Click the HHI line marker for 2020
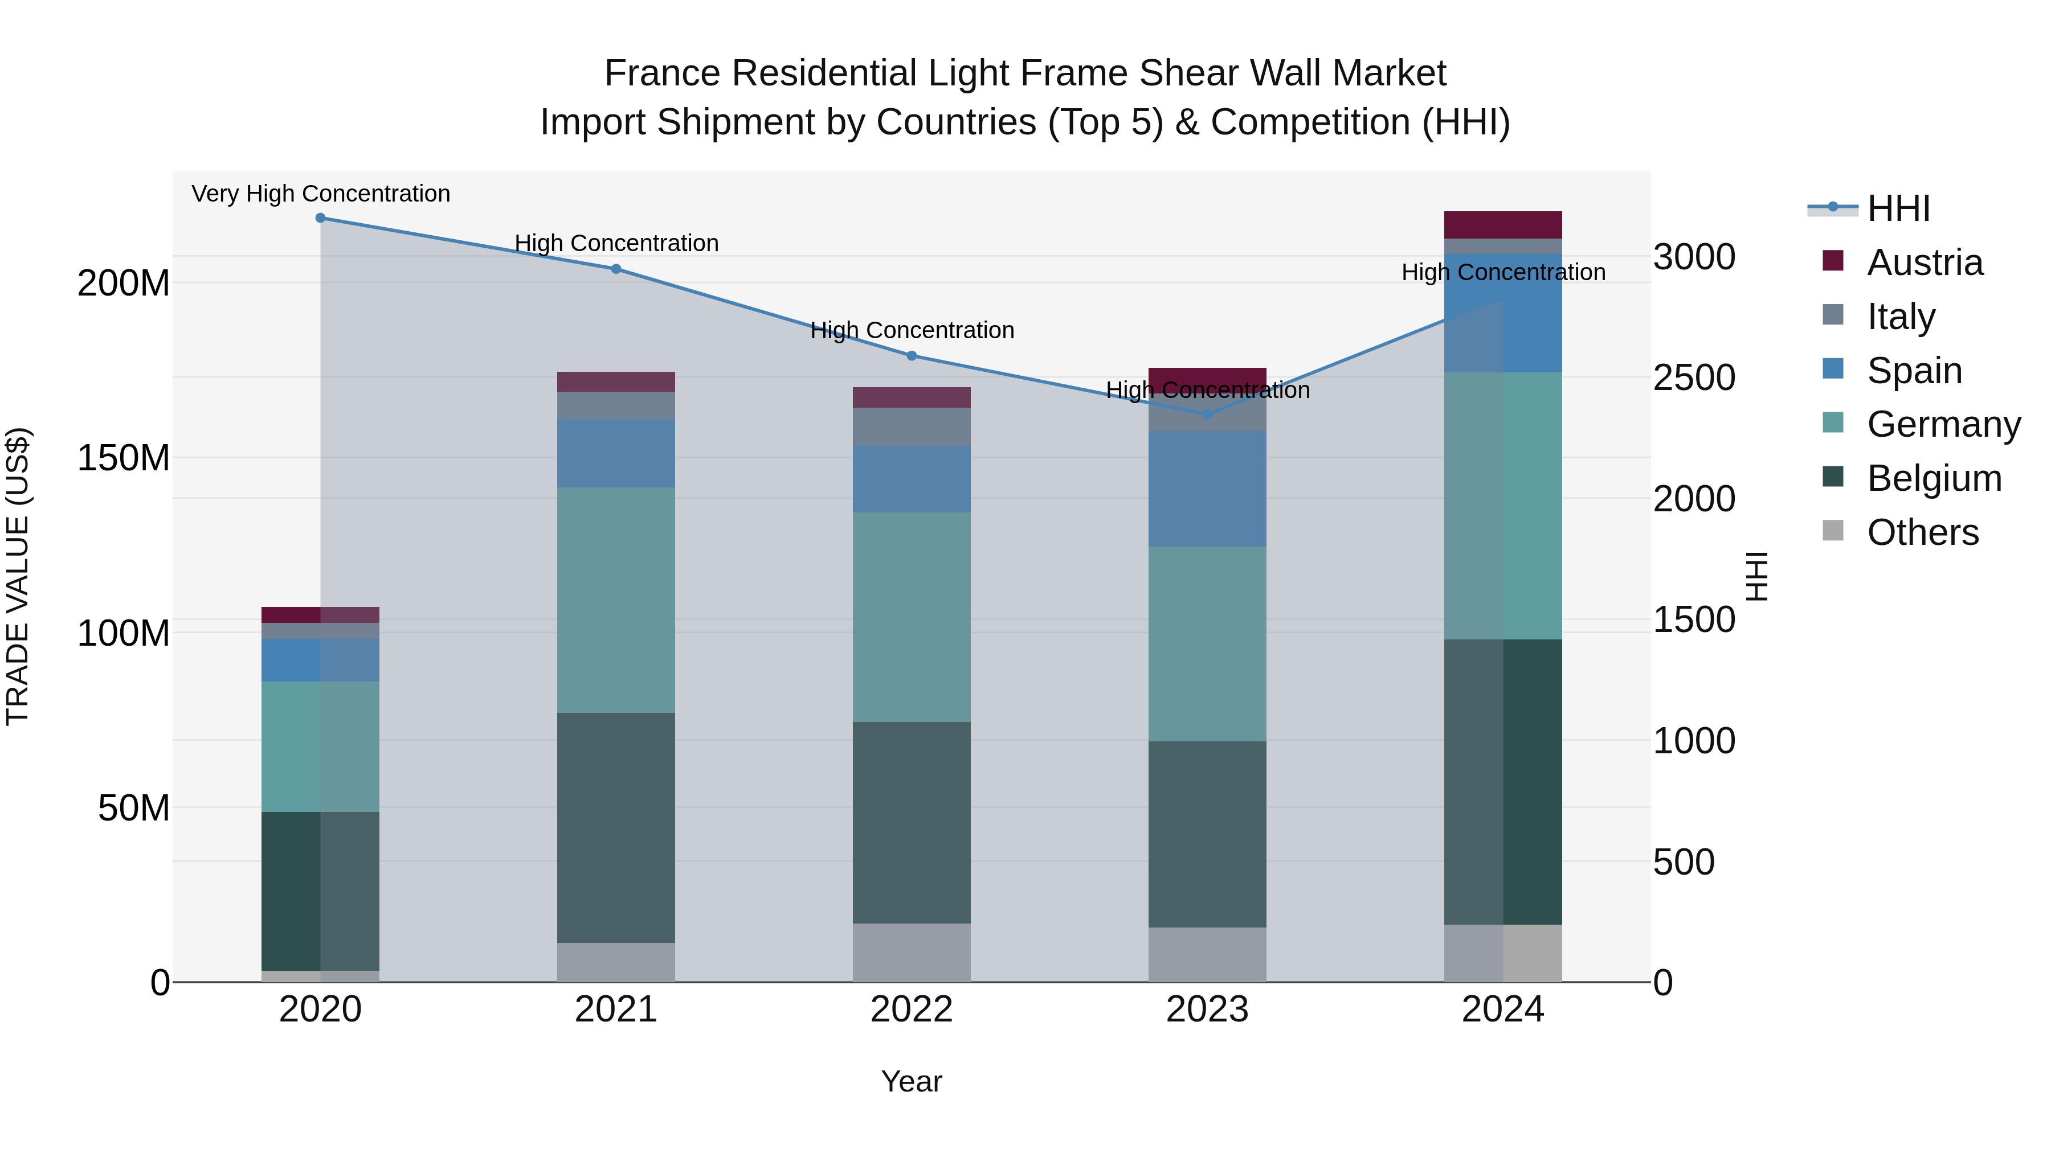[x=320, y=218]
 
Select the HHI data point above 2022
[x=912, y=356]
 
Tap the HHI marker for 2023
[x=1207, y=415]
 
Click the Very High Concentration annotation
[x=321, y=194]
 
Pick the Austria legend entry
[x=1925, y=262]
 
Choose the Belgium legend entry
[x=1934, y=478]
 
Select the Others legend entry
[x=1922, y=532]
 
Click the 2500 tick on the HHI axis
[x=1694, y=378]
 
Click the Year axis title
[x=911, y=1081]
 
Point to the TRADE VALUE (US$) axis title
[x=18, y=576]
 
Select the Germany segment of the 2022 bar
[x=912, y=617]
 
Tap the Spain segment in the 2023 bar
[x=1207, y=489]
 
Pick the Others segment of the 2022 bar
[x=912, y=953]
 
